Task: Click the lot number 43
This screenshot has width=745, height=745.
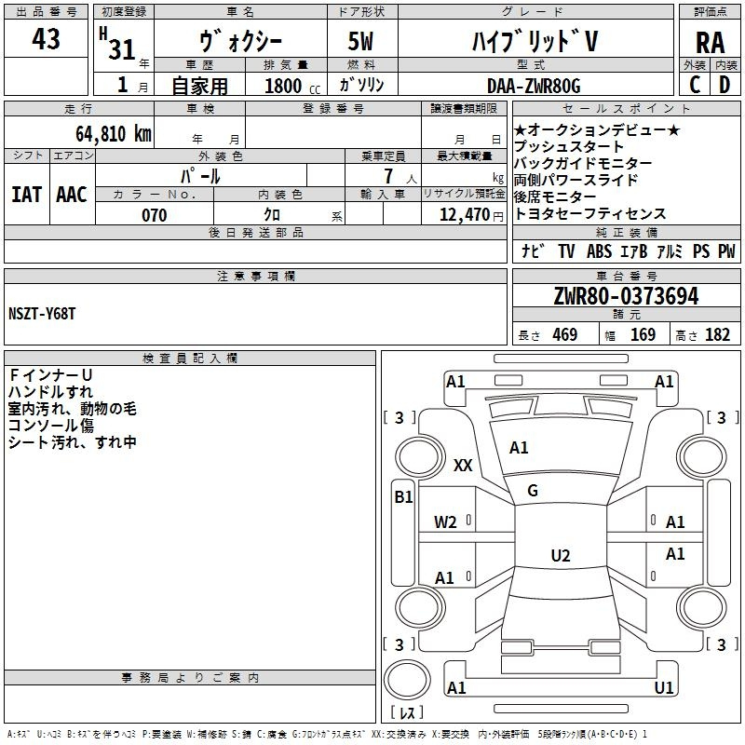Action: [x=46, y=38]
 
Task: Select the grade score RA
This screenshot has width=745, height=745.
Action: [x=710, y=43]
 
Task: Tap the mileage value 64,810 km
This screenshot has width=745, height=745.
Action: [x=114, y=133]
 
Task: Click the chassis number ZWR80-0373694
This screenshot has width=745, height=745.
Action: [x=626, y=296]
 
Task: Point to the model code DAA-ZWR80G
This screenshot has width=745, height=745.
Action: [x=534, y=86]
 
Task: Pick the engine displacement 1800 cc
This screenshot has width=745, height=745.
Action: [x=292, y=86]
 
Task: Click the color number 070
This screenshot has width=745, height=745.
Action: [x=155, y=215]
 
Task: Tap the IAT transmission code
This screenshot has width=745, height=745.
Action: [x=27, y=195]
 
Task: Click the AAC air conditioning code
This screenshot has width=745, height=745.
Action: [x=72, y=195]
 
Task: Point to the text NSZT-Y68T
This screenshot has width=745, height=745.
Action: [x=42, y=314]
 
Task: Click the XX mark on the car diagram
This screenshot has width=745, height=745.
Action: [x=463, y=465]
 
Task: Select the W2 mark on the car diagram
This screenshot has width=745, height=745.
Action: [x=445, y=522]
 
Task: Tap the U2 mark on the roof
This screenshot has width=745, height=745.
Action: [x=561, y=555]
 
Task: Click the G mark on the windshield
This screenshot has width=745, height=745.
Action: [x=533, y=491]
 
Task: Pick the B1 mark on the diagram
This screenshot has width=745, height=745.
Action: [x=403, y=497]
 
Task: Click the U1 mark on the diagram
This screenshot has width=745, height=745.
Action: [x=664, y=687]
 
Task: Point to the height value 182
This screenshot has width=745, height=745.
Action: [x=717, y=334]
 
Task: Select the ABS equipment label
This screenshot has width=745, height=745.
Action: [x=599, y=251]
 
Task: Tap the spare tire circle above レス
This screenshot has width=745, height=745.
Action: [x=407, y=680]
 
